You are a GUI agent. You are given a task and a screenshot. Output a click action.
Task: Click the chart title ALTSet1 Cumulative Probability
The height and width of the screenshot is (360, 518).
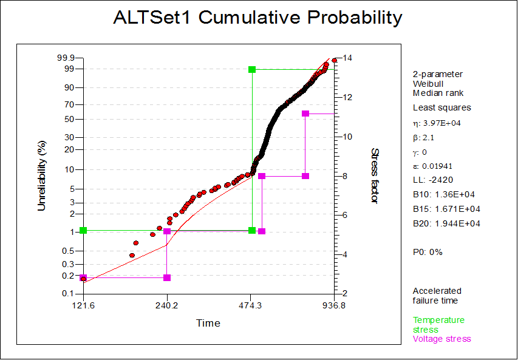coord(257,18)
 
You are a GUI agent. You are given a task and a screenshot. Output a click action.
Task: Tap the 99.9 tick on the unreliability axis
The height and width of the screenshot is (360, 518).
coord(66,58)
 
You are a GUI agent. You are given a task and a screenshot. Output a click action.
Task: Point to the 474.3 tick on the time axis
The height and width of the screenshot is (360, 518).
coord(251,305)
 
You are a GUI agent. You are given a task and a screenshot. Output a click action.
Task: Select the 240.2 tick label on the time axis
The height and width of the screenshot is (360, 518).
coord(167,305)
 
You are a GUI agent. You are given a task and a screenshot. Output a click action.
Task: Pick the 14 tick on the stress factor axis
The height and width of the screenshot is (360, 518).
coord(347,58)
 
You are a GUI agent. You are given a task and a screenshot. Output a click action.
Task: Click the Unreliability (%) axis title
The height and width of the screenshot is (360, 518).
coord(42,176)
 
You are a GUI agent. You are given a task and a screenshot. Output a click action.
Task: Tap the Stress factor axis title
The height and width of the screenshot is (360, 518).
coord(374,175)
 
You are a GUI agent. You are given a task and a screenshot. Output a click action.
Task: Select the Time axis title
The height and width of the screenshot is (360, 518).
coord(208,323)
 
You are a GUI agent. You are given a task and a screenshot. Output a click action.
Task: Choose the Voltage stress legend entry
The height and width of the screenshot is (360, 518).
coord(442,339)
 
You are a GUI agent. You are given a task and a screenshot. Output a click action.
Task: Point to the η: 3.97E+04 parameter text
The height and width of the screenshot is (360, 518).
coord(437,123)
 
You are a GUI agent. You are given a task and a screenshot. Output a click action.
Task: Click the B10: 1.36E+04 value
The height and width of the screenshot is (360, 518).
coord(444,194)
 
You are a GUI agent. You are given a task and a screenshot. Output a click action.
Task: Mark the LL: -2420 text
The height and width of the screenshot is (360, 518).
coord(433,180)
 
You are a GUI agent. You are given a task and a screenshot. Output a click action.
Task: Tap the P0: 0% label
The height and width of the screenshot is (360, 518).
coord(428,253)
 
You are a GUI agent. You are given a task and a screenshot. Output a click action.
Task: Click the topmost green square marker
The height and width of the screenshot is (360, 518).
coord(252,69)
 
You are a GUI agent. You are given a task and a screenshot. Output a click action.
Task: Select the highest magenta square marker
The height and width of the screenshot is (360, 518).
coord(305,114)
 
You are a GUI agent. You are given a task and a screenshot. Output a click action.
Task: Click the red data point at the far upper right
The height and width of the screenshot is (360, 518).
coord(335,61)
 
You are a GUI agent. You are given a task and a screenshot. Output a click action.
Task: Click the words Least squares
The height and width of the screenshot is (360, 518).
coord(442,107)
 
